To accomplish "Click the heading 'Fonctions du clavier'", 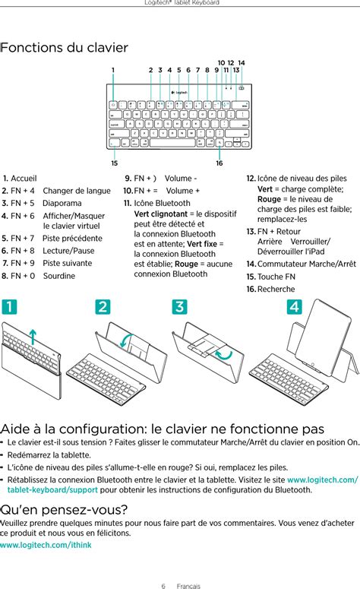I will [64, 48].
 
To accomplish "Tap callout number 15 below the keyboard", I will [114, 163].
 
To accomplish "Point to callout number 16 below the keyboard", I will [219, 163].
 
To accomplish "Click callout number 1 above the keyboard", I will [113, 71].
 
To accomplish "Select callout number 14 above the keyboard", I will [242, 62].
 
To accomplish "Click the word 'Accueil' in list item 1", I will [24, 178].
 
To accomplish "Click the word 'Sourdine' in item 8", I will [58, 275].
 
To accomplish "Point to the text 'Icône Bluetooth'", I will [162, 203].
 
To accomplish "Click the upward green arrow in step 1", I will [31, 337].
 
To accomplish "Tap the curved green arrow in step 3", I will [223, 355].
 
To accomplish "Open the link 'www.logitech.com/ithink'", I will [46, 545].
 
